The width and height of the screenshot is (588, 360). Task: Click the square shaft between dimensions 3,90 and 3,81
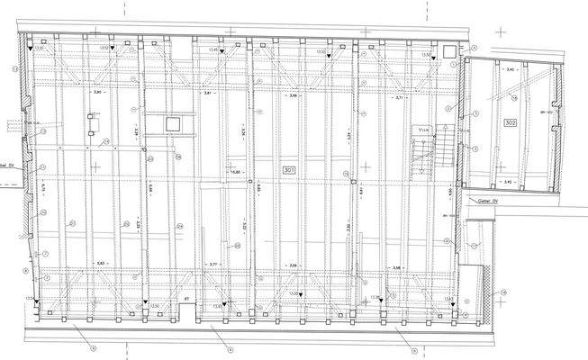173,122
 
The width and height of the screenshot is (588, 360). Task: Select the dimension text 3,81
208,94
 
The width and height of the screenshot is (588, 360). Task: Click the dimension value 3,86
294,265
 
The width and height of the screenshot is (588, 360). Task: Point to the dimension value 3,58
395,267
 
